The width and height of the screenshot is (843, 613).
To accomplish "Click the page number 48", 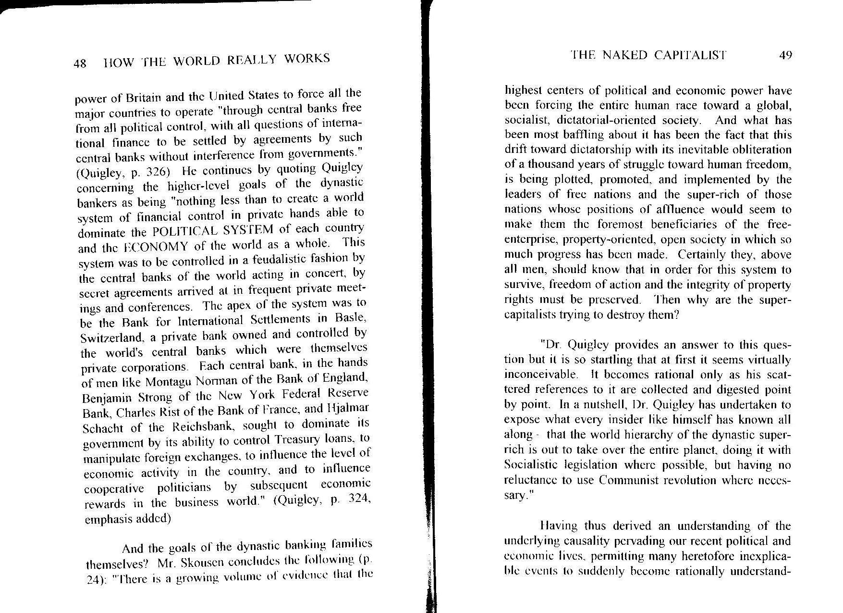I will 80,63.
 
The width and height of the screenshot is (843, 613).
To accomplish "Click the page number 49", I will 785,55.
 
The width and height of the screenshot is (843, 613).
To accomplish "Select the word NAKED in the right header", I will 625,55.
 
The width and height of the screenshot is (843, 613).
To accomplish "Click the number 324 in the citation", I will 357,499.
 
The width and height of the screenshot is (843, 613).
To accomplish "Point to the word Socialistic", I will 532,465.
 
